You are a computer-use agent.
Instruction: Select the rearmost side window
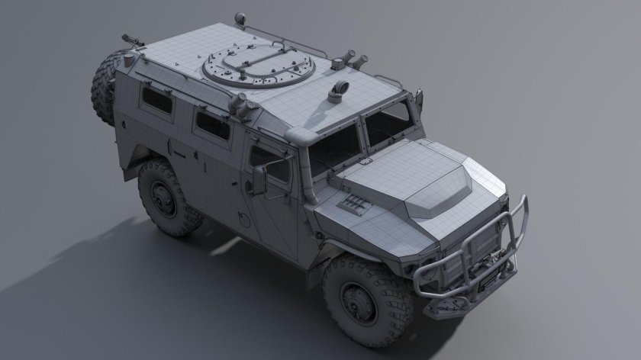click(x=157, y=100)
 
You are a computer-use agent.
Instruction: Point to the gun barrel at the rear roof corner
click(x=130, y=36)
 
